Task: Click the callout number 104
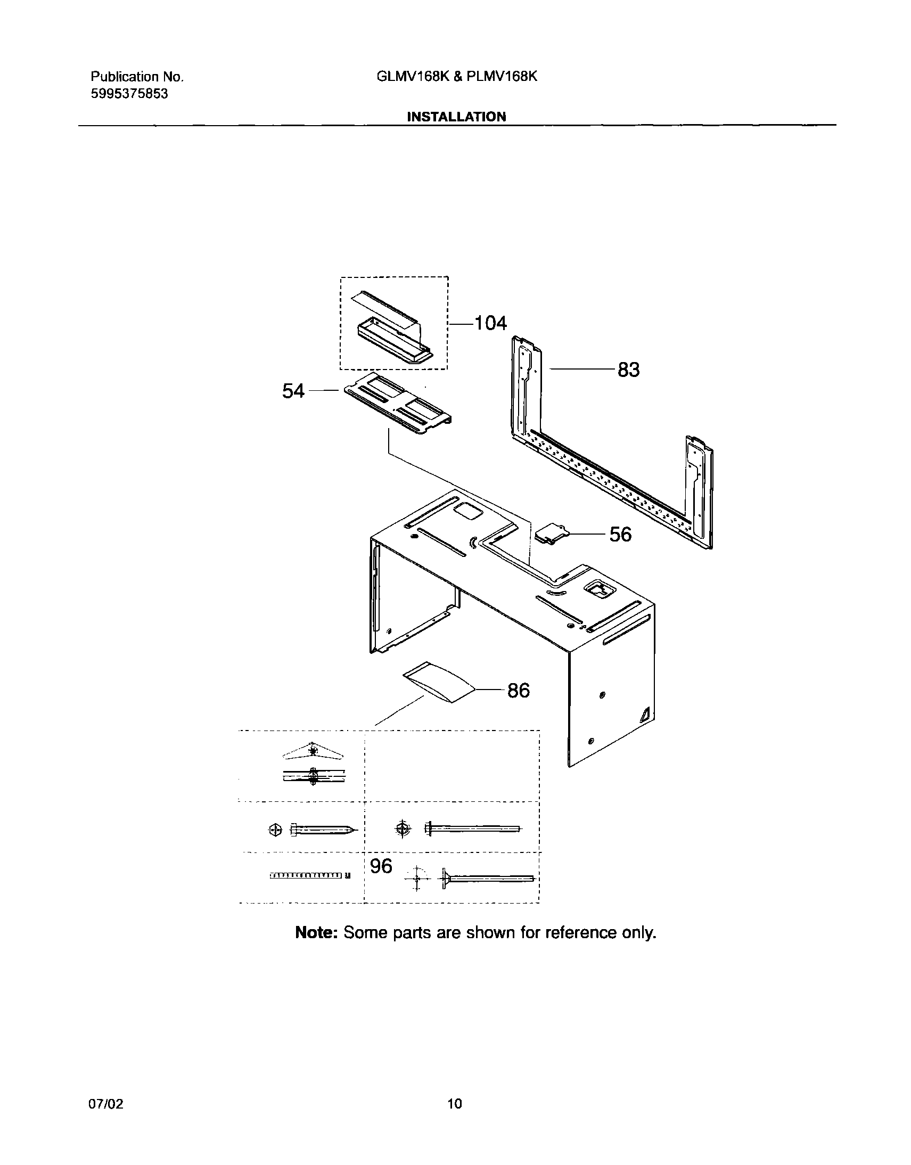[490, 323]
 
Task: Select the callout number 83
[628, 370]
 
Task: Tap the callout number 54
[293, 391]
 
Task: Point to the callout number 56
[620, 535]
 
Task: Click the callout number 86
[518, 691]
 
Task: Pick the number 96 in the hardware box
[381, 866]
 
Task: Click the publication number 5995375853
[129, 94]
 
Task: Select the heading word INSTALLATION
[456, 117]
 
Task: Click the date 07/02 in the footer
[105, 1104]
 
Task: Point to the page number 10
[454, 1104]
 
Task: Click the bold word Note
[316, 932]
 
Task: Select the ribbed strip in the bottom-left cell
[309, 875]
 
